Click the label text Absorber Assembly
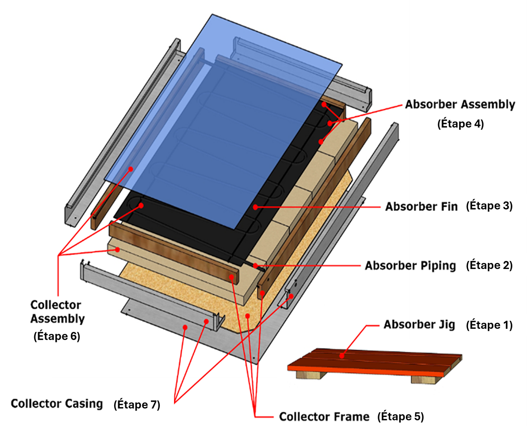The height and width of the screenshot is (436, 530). coord(460,105)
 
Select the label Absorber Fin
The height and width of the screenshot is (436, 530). coord(421,207)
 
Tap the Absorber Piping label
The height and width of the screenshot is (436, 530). coord(410,266)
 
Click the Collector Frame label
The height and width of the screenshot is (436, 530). coord(324,417)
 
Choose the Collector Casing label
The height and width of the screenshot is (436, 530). coord(57,404)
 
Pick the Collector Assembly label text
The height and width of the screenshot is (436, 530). coord(57,312)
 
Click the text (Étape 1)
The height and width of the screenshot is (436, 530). coord(489,325)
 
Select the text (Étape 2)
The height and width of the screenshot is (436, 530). coord(489,266)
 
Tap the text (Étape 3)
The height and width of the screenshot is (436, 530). coord(489,206)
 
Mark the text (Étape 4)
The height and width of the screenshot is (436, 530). coord(461,124)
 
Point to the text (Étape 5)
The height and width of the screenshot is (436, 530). coord(401,417)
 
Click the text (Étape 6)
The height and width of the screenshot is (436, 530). coord(57,336)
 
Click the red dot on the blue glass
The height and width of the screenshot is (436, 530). coord(131,169)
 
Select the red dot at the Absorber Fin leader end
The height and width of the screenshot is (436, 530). coord(255,207)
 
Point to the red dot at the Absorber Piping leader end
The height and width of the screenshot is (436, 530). coord(255,265)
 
